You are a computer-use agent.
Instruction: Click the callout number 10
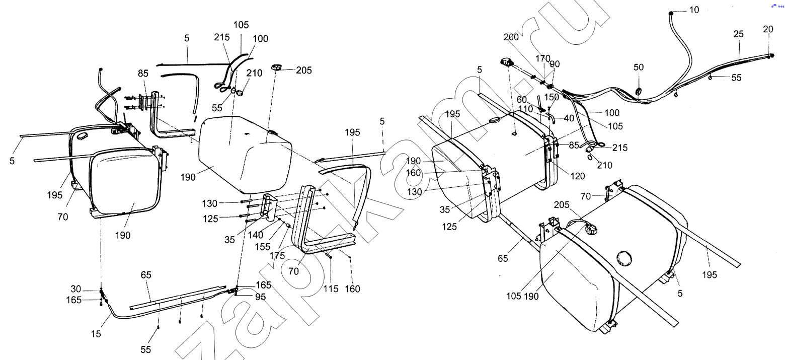[x=694, y=10]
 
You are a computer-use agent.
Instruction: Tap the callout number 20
[x=768, y=29]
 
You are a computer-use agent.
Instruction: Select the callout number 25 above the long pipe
[x=738, y=34]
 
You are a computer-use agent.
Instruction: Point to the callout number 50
[x=639, y=67]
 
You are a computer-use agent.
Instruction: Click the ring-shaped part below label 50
[x=638, y=92]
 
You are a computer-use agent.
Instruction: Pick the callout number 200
[x=511, y=37]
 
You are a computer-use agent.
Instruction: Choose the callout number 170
[x=542, y=58]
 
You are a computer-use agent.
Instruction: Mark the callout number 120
[x=578, y=176]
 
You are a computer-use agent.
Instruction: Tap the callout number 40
[x=569, y=118]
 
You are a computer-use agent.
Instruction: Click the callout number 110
[x=526, y=109]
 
